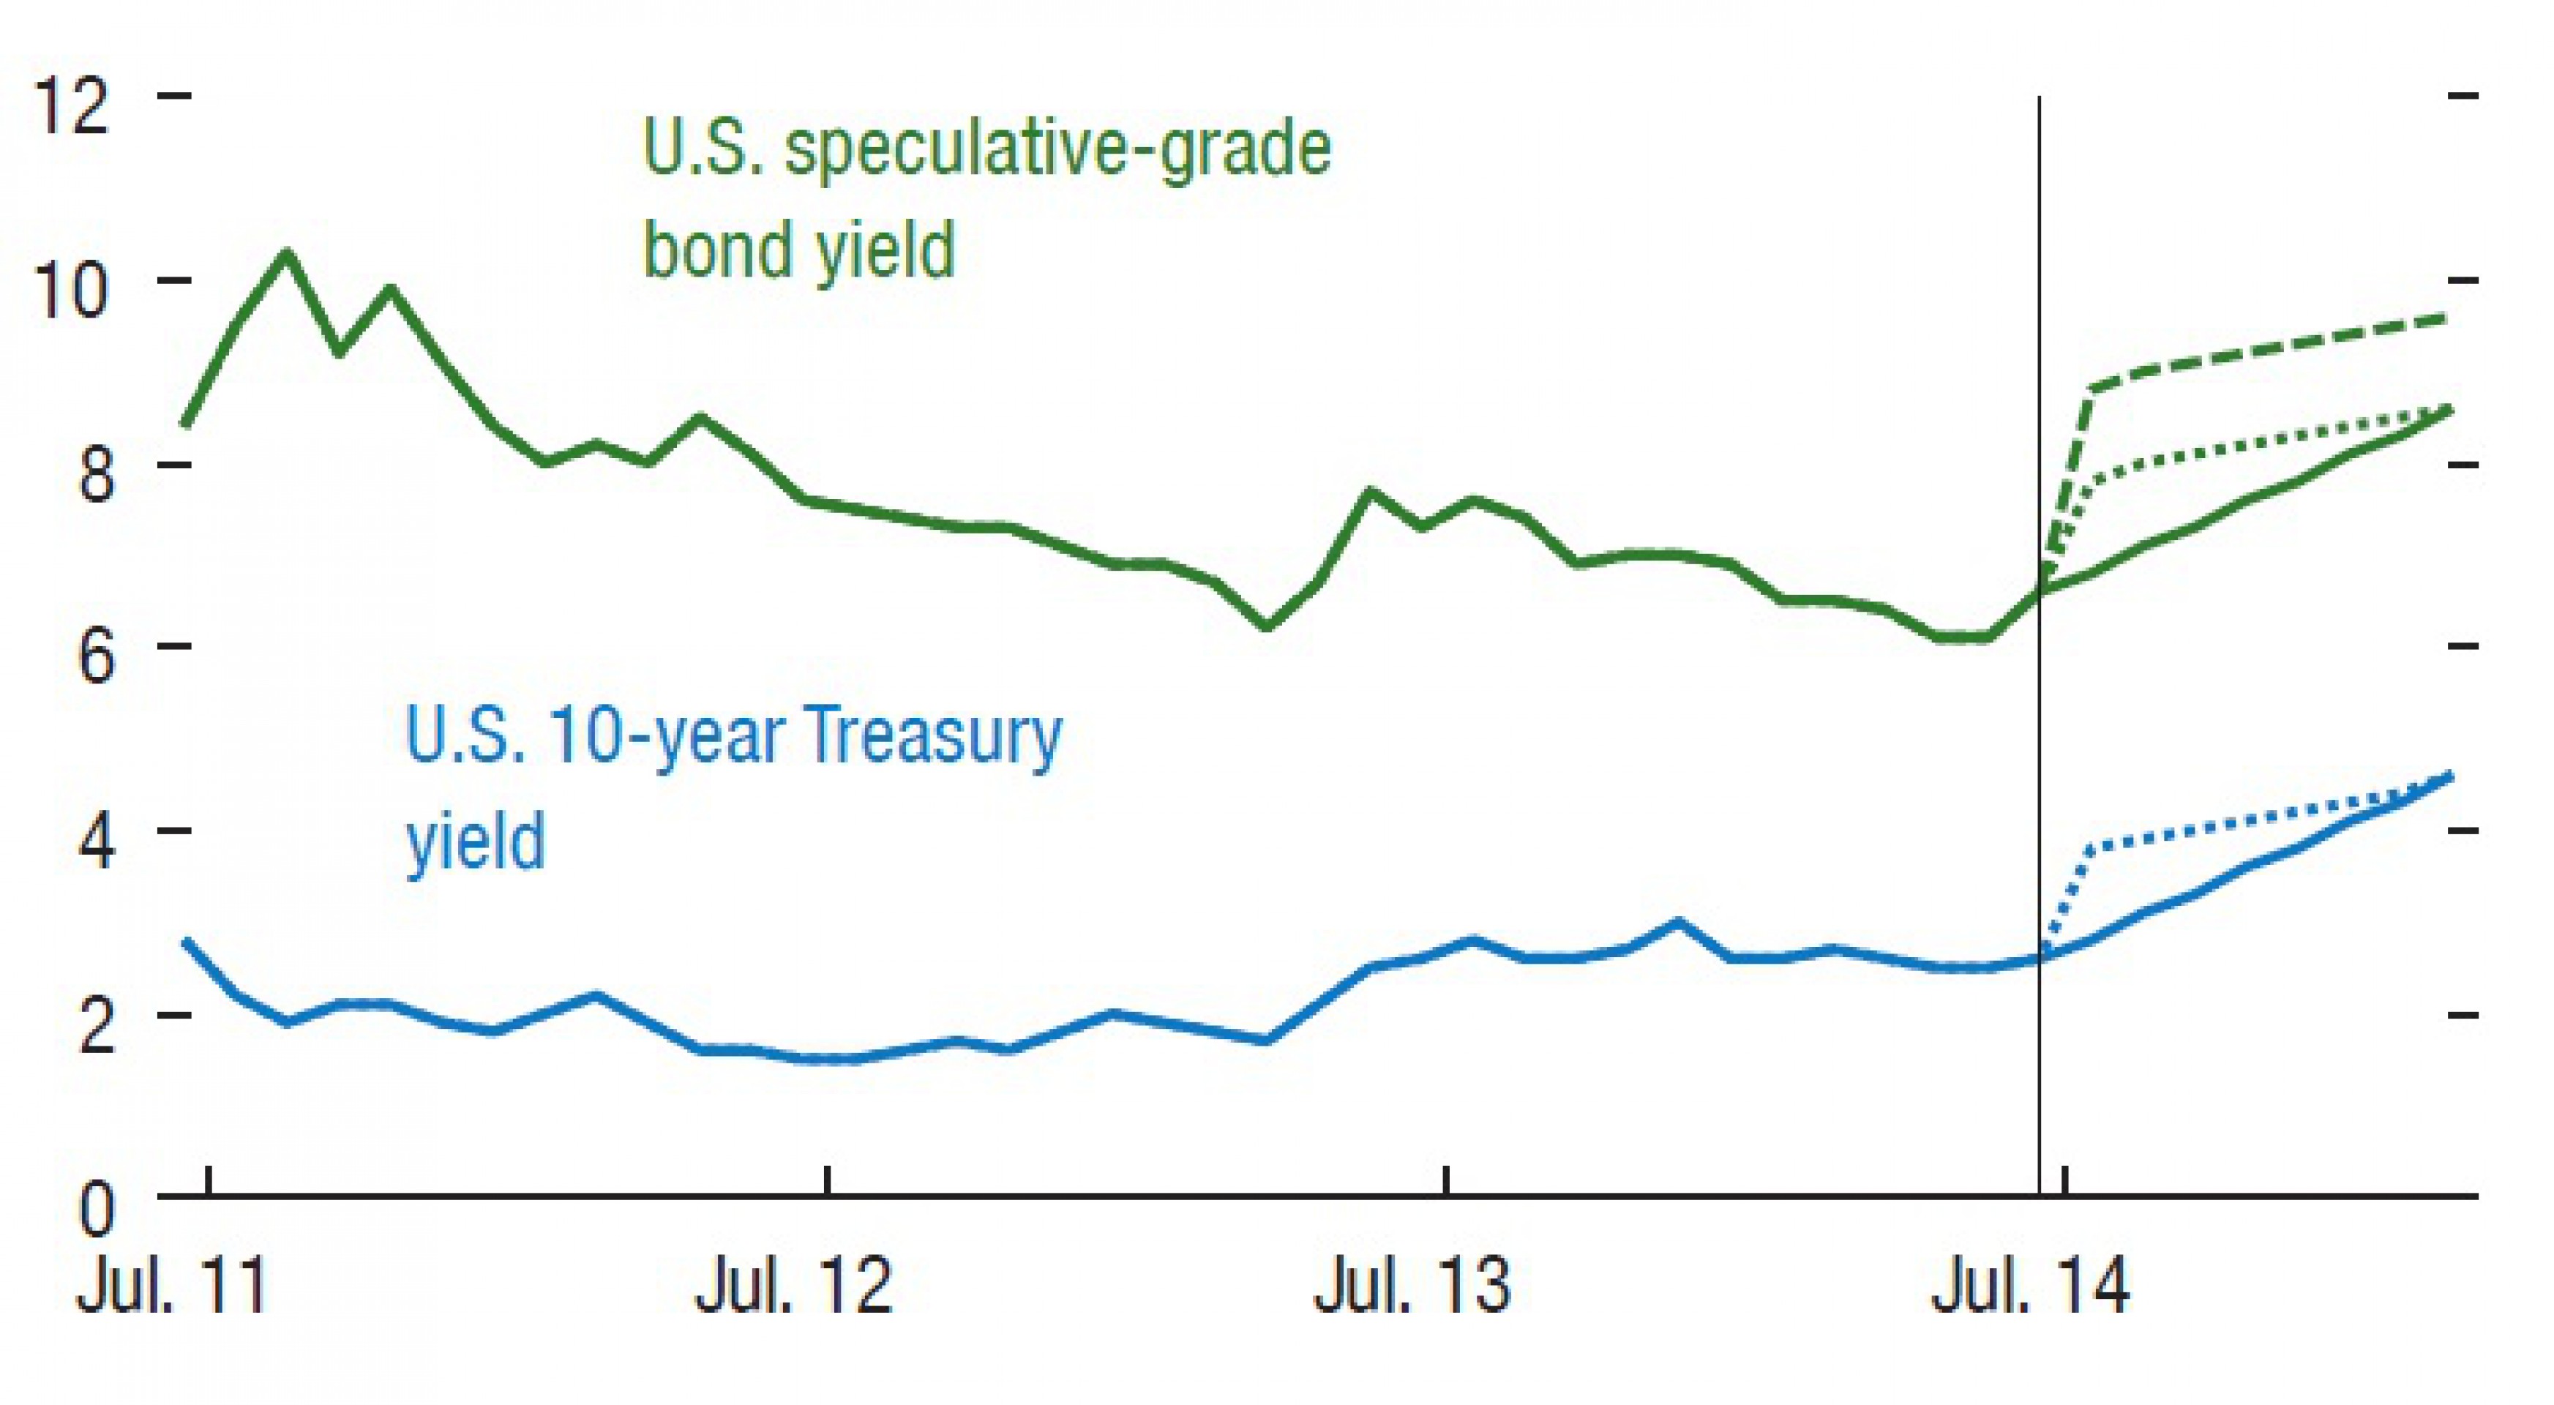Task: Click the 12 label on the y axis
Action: click(x=70, y=106)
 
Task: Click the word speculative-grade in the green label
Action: click(x=1057, y=151)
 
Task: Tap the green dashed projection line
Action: click(x=2280, y=351)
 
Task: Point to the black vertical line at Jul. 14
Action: click(x=2040, y=793)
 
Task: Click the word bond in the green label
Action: click(x=721, y=250)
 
